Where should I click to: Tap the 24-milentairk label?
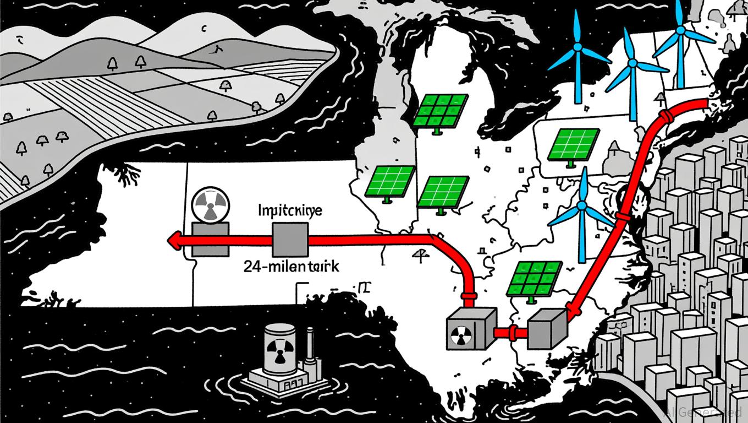point(291,267)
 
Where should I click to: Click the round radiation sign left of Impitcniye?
point(209,205)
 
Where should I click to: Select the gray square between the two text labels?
point(290,240)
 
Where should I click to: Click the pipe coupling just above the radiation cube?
point(469,298)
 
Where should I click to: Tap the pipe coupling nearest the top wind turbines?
point(665,117)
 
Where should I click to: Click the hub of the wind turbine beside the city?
point(582,209)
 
